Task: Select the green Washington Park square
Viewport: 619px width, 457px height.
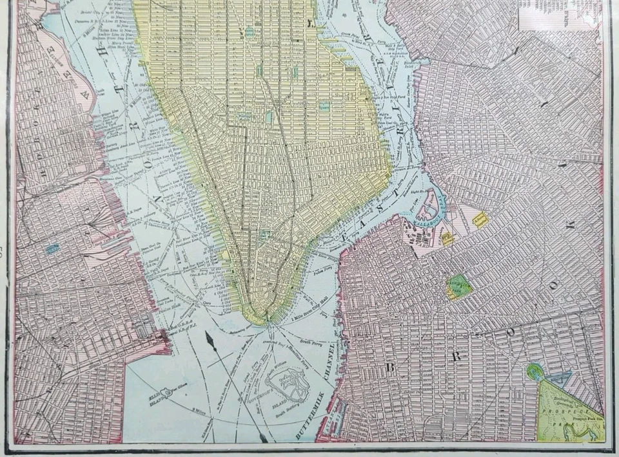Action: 458,287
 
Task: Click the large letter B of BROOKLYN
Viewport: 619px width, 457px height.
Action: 391,368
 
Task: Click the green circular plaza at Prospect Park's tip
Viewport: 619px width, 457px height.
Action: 534,371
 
